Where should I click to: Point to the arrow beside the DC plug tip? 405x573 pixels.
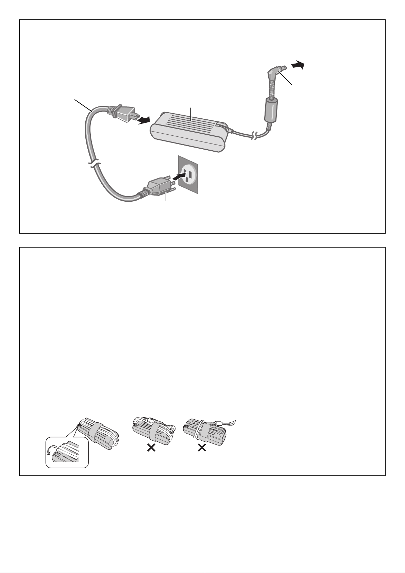297,65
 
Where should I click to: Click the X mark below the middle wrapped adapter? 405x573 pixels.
151,449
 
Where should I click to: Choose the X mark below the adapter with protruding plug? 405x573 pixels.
202,449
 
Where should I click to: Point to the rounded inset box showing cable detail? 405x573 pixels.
67,452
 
